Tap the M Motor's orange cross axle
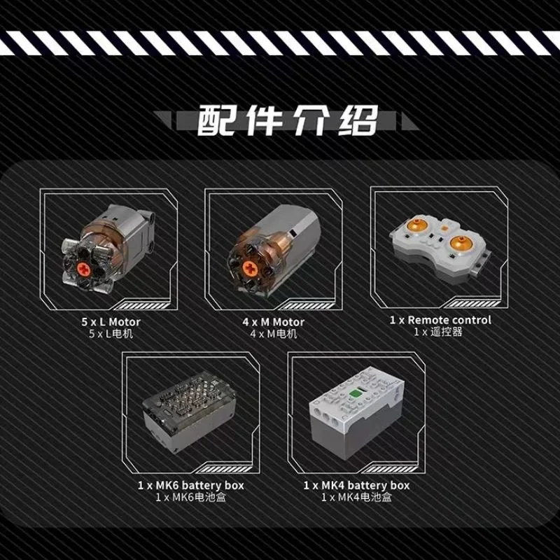click(249, 268)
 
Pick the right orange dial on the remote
click(461, 243)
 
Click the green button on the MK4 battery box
click(356, 393)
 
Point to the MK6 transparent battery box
click(189, 412)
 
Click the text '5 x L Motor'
click(111, 322)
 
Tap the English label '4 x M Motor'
click(273, 322)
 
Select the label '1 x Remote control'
click(440, 320)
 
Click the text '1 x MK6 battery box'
click(190, 485)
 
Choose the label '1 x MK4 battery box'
click(356, 485)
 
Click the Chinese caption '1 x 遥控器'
click(438, 332)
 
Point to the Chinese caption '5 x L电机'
click(111, 334)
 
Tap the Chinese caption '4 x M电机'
click(273, 334)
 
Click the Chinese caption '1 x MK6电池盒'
click(190, 497)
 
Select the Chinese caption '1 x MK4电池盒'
click(356, 497)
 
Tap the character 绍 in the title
click(358, 120)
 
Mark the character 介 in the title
click(311, 120)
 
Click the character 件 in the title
click(264, 120)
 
